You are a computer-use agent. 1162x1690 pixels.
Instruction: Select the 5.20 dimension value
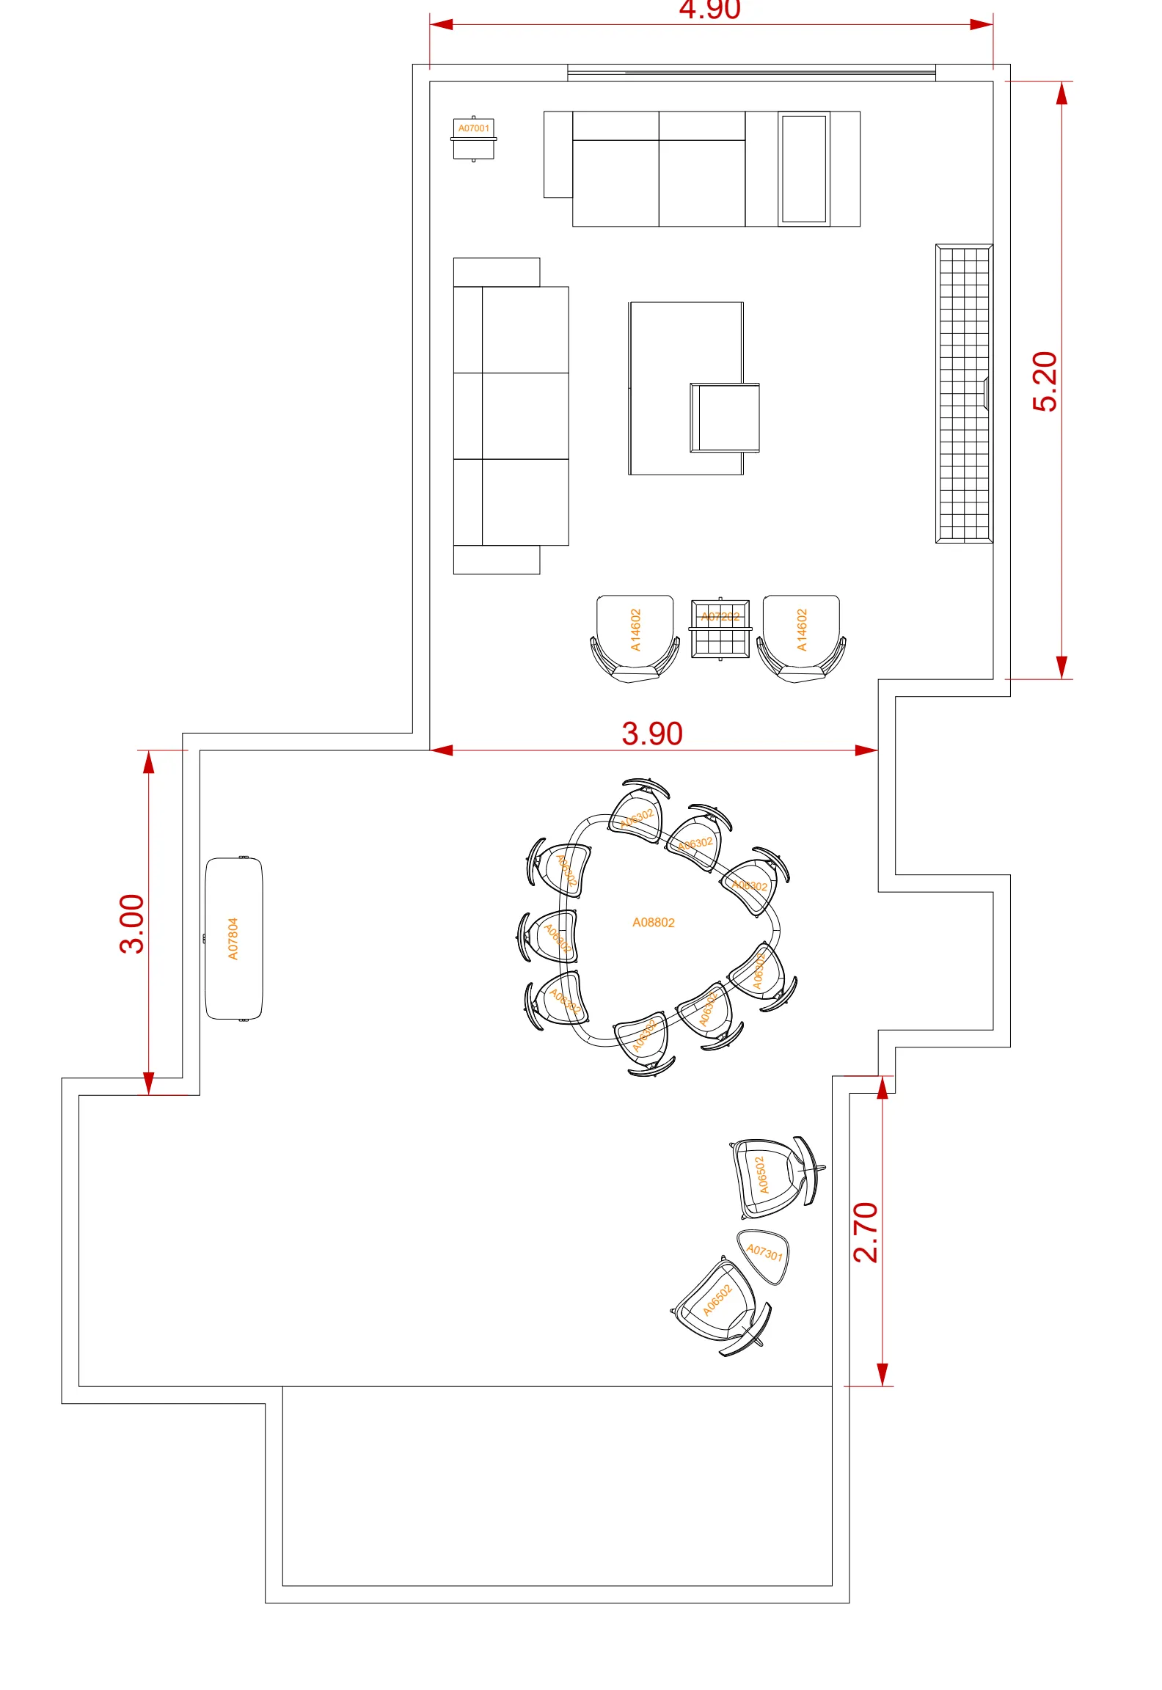click(1045, 381)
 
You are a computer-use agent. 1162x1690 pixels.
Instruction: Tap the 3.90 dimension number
click(652, 734)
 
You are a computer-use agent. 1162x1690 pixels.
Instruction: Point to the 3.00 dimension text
click(133, 923)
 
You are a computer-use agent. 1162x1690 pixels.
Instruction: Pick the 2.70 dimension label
click(866, 1232)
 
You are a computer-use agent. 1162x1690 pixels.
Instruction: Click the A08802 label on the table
click(654, 923)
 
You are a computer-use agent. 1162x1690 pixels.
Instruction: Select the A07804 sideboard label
click(233, 939)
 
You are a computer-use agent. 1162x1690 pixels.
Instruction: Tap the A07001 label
click(474, 128)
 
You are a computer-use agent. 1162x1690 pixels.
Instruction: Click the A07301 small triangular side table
click(764, 1256)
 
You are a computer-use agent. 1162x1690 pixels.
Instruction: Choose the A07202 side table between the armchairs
click(720, 629)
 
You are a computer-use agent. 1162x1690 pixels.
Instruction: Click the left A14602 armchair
click(635, 637)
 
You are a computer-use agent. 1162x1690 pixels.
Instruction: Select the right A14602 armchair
click(801, 637)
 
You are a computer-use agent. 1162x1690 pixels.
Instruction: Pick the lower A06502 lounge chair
click(719, 1302)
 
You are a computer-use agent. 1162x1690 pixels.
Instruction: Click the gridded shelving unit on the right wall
click(964, 394)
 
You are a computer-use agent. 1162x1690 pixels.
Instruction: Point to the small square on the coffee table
click(725, 417)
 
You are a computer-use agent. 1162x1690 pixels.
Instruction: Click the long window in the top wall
click(751, 73)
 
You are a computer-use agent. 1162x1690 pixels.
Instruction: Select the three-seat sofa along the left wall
click(511, 416)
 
